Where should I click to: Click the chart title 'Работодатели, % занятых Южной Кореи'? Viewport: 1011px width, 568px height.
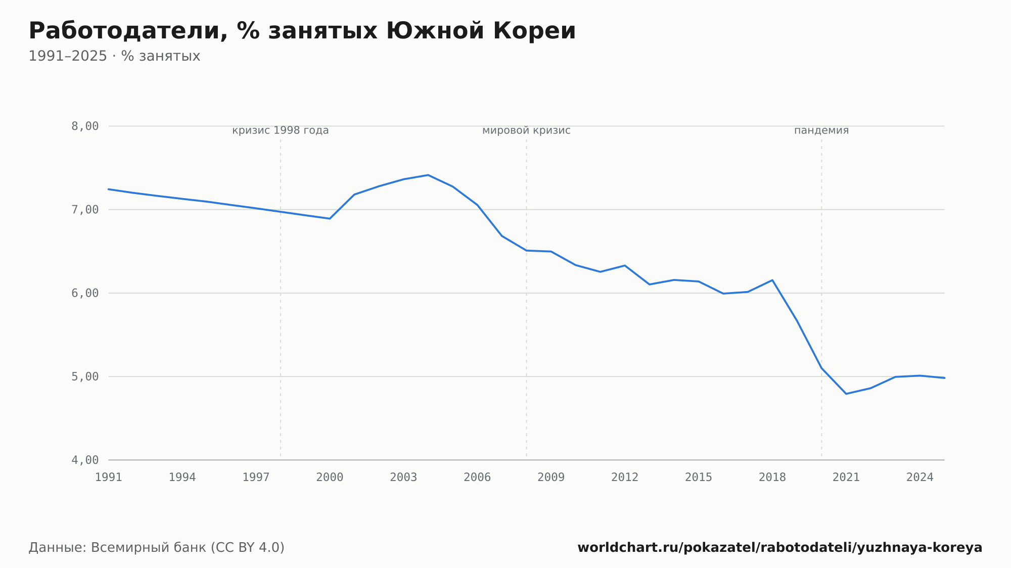coord(302,31)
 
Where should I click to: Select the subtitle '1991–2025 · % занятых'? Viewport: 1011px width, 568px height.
coord(114,56)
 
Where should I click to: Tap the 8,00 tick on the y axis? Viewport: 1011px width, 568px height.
coord(85,126)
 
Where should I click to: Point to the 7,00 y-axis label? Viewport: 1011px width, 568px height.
coord(85,210)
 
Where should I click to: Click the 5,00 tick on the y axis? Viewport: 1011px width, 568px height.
coord(85,376)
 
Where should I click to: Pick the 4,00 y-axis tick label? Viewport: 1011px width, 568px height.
coord(85,460)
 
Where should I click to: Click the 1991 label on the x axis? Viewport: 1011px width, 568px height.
coord(109,478)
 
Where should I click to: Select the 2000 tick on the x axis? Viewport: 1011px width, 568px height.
coord(330,478)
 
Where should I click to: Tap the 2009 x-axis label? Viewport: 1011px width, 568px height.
coord(551,478)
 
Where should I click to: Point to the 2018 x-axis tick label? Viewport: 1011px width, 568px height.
coord(772,478)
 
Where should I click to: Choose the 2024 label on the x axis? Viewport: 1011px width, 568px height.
coord(920,478)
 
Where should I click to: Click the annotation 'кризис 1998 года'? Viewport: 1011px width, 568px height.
coord(281,130)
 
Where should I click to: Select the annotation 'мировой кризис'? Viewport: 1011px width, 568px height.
coord(526,130)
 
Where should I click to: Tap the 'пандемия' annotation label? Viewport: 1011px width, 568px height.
coord(821,130)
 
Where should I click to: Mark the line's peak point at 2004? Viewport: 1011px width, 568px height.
coord(428,175)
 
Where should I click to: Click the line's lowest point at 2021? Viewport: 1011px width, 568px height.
coord(846,394)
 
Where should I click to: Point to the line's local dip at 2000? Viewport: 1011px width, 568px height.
coord(330,218)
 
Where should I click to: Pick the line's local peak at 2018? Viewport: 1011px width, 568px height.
coord(772,280)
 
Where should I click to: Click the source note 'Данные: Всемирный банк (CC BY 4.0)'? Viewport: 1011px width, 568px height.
coord(157,548)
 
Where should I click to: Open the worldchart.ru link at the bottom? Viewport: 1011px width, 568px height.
coord(780,548)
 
